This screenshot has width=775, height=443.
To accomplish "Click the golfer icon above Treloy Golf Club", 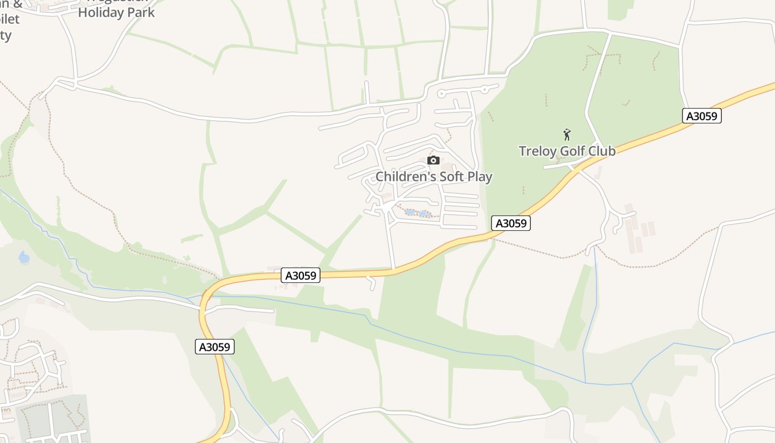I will click(566, 135).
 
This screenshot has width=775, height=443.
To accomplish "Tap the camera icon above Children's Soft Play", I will click(433, 161).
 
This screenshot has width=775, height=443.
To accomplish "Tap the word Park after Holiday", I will click(141, 12).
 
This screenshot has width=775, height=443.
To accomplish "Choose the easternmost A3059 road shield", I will click(701, 116).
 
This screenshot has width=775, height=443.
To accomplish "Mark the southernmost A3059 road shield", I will click(215, 347).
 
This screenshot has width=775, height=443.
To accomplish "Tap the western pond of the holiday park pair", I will click(410, 212).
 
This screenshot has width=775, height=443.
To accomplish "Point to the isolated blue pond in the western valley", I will click(24, 257).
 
